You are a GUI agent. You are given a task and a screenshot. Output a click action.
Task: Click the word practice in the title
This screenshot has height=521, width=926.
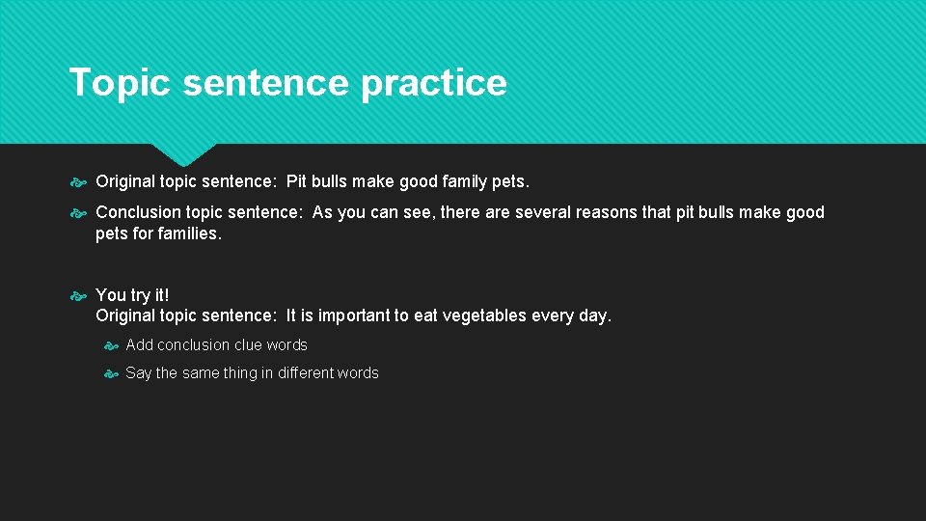tap(433, 83)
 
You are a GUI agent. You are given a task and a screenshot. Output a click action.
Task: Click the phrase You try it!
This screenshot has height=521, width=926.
tap(132, 295)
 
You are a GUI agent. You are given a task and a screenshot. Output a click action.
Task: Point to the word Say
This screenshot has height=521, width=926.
tap(139, 372)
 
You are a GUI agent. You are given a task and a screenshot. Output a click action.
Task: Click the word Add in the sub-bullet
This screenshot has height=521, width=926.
tap(139, 344)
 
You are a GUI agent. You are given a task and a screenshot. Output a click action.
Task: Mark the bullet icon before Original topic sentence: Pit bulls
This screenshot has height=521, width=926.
tap(79, 182)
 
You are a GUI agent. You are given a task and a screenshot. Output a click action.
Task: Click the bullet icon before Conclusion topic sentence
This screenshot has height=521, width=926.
tap(79, 213)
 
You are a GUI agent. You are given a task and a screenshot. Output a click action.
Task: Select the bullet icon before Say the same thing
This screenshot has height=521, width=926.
tap(110, 373)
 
